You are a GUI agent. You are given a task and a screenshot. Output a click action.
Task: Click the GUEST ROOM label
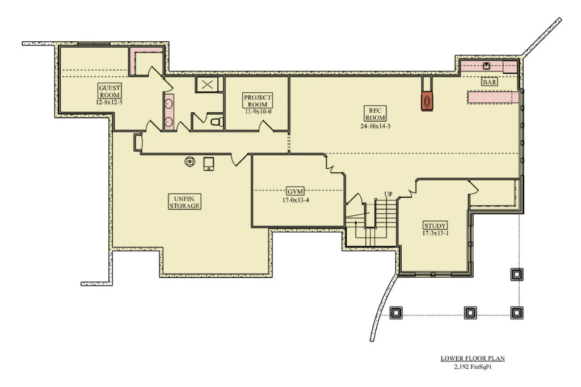110,91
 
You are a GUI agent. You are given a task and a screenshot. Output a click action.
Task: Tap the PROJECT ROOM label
258,101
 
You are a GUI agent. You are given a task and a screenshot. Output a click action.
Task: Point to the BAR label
490,82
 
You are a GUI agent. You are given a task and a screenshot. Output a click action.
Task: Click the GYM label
293,192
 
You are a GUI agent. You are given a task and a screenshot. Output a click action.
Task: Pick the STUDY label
435,226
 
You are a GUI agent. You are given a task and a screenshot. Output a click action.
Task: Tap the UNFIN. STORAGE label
184,202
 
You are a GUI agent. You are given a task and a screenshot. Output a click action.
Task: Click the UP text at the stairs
388,194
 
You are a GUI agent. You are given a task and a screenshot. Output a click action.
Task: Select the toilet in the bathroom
216,121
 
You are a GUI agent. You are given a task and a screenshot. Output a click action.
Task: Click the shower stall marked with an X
207,85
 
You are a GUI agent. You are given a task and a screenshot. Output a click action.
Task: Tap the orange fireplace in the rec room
427,100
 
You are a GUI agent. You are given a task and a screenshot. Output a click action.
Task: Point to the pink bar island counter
492,97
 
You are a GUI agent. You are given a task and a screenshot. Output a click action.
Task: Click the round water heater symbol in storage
189,162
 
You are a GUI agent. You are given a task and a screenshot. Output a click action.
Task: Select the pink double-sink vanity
169,112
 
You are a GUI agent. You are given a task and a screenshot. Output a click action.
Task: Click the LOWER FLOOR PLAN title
473,358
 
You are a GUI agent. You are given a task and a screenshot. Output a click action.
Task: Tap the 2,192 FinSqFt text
473,367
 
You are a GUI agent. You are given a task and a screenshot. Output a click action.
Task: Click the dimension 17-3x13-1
435,233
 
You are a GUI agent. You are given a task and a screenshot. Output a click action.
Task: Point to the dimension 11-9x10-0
258,112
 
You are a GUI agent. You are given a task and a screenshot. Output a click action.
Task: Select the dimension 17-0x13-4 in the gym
293,200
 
